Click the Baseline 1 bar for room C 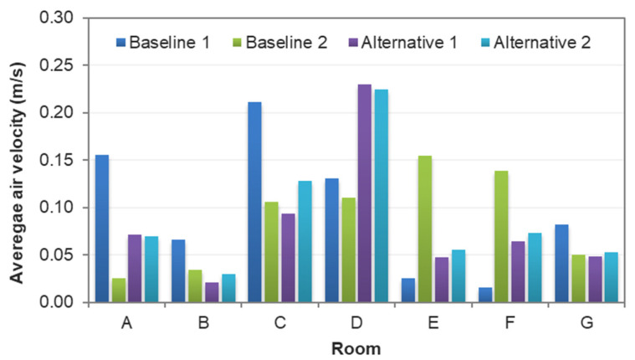click(x=254, y=202)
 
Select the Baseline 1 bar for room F click(x=484, y=295)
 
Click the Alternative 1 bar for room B click(x=211, y=292)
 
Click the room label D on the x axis click(x=356, y=319)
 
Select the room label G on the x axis click(x=586, y=319)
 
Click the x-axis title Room click(x=355, y=346)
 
